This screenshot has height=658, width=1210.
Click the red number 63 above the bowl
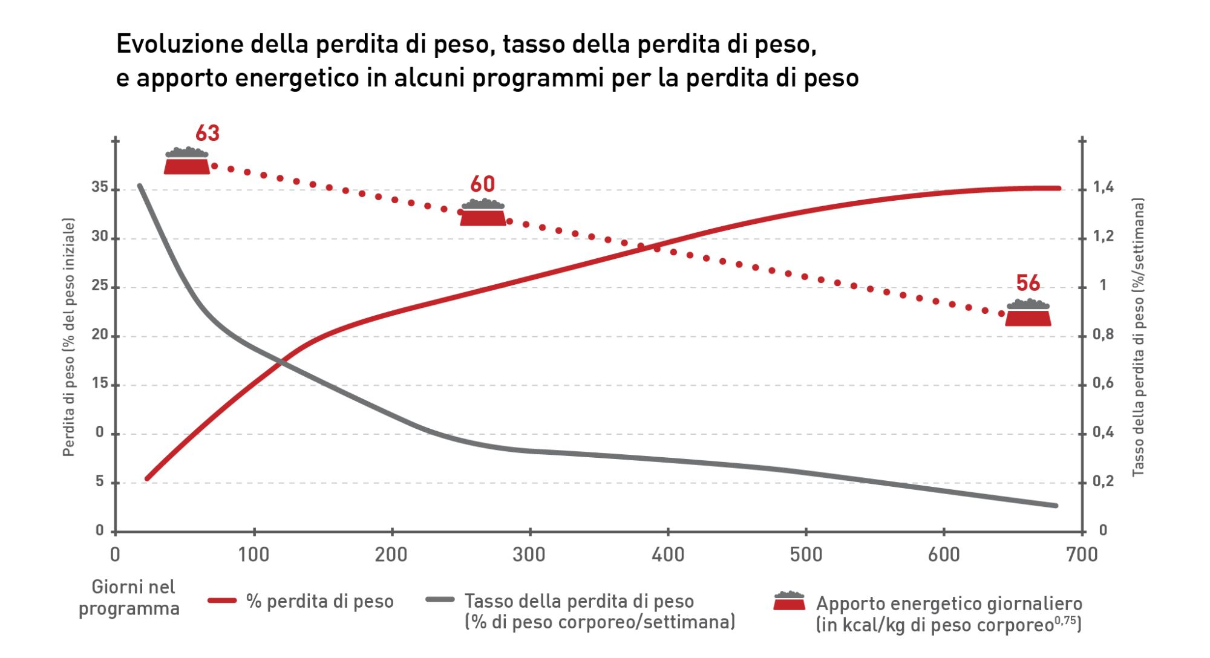tap(207, 133)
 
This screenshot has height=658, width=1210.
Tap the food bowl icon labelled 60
tap(483, 213)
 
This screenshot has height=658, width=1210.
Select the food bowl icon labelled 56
tap(1028, 313)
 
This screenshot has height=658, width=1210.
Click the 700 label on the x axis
tap(1082, 554)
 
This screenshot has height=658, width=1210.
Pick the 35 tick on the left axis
tap(100, 187)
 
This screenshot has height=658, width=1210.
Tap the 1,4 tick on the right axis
tap(1103, 187)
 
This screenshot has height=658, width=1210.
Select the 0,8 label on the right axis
tap(1103, 335)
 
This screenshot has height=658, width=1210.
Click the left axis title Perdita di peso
tap(69, 337)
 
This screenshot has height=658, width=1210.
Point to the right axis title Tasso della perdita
tap(1138, 337)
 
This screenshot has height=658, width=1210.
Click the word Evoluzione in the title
tap(179, 45)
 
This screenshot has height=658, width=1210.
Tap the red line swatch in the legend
tap(221, 601)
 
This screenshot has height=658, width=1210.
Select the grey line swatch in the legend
tap(440, 599)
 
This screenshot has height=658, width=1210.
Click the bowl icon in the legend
tap(790, 601)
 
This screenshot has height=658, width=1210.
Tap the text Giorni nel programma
tap(129, 597)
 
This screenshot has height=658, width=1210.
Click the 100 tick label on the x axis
tap(253, 554)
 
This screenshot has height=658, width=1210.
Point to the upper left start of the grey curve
tap(140, 186)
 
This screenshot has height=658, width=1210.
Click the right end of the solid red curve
tap(1059, 188)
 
